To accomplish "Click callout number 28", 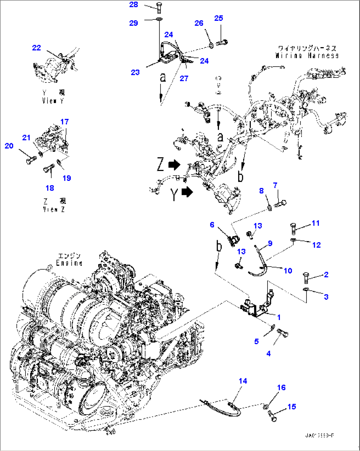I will click(134, 5).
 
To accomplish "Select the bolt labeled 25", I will click(222, 43).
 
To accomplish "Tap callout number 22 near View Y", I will click(36, 48).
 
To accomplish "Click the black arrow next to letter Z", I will click(174, 164).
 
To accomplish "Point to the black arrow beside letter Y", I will click(187, 192).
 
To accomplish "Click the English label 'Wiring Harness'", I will click(307, 56).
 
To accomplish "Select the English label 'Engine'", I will click(69, 263).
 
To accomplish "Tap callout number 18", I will click(50, 188).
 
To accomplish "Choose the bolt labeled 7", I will click(281, 204).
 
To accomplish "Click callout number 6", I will click(212, 225).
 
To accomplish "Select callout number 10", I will click(288, 271).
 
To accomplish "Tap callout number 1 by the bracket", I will click(279, 317).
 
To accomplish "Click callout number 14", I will click(243, 381).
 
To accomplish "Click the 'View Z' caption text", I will click(54, 209).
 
